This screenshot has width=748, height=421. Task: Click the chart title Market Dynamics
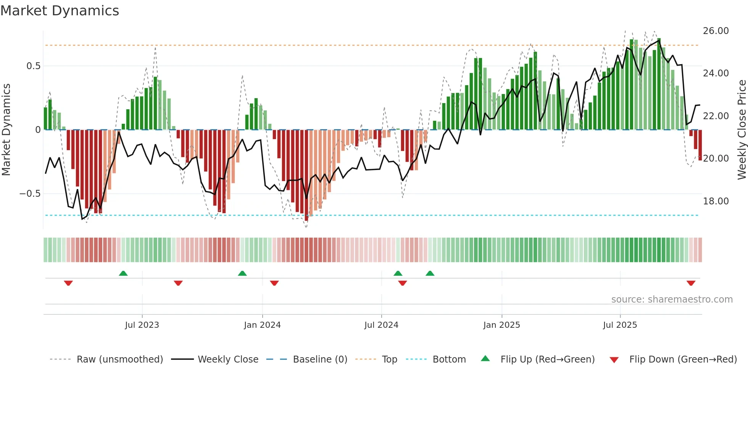(x=60, y=11)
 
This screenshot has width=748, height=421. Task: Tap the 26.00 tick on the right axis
(x=716, y=31)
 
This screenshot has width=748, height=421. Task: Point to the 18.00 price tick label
(x=716, y=201)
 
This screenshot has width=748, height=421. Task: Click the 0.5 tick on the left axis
(x=33, y=66)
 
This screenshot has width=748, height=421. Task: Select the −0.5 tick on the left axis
(x=30, y=193)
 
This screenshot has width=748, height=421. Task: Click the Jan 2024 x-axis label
(x=262, y=325)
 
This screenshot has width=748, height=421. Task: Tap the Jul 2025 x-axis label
(x=620, y=325)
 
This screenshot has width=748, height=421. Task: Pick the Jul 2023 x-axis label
(x=142, y=325)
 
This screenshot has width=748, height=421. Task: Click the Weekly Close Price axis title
(x=742, y=130)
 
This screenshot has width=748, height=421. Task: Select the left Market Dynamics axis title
(x=6, y=130)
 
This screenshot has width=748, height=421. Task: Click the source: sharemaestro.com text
(x=672, y=300)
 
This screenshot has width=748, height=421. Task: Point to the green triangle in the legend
(x=485, y=358)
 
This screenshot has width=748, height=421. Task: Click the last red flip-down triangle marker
(x=691, y=283)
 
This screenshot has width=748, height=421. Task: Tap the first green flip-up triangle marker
(x=123, y=273)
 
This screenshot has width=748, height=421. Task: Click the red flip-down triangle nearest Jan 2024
(x=274, y=283)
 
